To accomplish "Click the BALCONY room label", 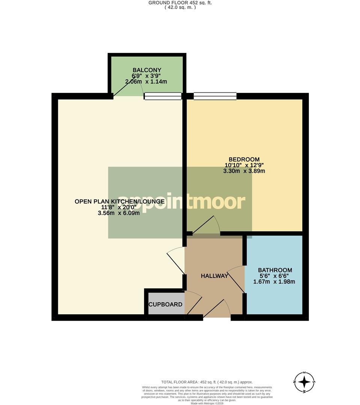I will click(x=147, y=70).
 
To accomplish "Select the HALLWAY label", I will click(x=214, y=276).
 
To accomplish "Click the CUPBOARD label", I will click(x=165, y=304).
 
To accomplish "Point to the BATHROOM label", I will click(x=275, y=270).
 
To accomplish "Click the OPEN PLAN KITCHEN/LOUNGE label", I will click(x=119, y=201).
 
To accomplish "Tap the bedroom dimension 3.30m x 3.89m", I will click(x=244, y=171).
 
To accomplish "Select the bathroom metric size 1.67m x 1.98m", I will click(x=275, y=282).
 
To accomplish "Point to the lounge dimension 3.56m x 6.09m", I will click(x=119, y=213).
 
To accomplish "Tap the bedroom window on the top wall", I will click(x=215, y=96).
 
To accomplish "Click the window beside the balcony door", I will click(x=163, y=96).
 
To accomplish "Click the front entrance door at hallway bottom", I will click(x=217, y=310).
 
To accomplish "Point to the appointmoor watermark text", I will click(x=182, y=202).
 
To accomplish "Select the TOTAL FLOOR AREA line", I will click(x=207, y=381).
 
